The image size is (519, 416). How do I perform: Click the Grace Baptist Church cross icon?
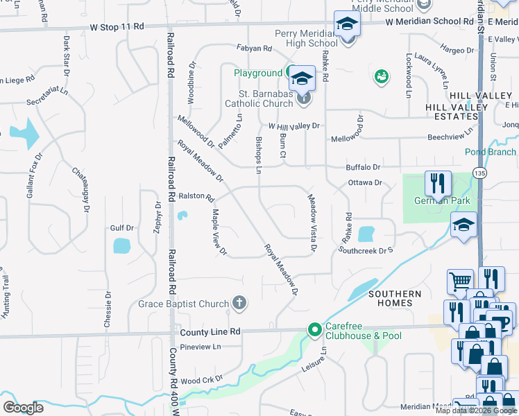pyautogui.click(x=239, y=302)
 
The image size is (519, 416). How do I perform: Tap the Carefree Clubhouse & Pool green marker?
pyautogui.click(x=314, y=329)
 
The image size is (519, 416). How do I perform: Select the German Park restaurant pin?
pyautogui.click(x=437, y=184)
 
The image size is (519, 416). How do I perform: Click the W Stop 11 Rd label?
pyautogui.click(x=117, y=26)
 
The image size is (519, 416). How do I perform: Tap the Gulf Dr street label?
pyautogui.click(x=121, y=227)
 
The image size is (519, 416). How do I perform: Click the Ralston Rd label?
pyautogui.click(x=197, y=197)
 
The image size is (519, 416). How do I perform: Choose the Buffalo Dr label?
pyautogui.click(x=364, y=167)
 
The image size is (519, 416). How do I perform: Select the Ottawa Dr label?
pyautogui.click(x=365, y=183)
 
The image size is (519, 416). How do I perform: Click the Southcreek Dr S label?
pyautogui.click(x=371, y=250)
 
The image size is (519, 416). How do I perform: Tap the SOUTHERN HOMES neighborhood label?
pyautogui.click(x=395, y=299)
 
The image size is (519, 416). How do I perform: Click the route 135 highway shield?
pyautogui.click(x=479, y=171)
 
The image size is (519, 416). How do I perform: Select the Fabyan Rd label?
pyautogui.click(x=253, y=49)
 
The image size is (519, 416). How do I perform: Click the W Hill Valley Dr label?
pyautogui.click(x=293, y=126)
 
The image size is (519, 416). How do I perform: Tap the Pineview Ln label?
pyautogui.click(x=200, y=347)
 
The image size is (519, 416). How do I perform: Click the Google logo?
pyautogui.click(x=23, y=408)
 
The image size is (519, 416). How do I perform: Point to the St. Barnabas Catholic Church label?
pyautogui.click(x=258, y=98)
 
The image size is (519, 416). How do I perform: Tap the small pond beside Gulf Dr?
pyautogui.click(x=121, y=245)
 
